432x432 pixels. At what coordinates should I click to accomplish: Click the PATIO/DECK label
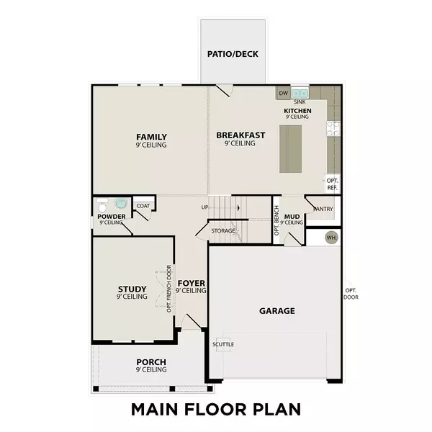[x=233, y=54]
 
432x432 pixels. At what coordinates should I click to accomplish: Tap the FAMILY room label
[x=152, y=137]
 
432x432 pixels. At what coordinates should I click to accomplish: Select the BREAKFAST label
[x=240, y=135]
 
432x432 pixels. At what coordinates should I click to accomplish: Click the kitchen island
[x=290, y=148]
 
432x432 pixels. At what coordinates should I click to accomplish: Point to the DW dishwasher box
[x=283, y=94]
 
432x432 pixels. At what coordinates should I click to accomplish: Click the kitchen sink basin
[x=300, y=94]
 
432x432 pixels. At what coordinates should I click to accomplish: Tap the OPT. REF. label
[x=333, y=184]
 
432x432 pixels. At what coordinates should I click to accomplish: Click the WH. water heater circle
[x=332, y=237]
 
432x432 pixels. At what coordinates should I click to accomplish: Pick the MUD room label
[x=292, y=216]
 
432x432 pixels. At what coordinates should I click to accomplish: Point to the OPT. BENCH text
[x=276, y=221]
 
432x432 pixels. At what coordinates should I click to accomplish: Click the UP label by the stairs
[x=205, y=208]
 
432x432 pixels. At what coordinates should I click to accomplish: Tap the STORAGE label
[x=222, y=231]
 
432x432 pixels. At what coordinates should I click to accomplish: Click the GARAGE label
[x=277, y=311]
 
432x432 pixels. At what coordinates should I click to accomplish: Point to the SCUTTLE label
[x=223, y=343]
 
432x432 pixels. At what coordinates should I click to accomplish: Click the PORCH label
[x=151, y=361]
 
